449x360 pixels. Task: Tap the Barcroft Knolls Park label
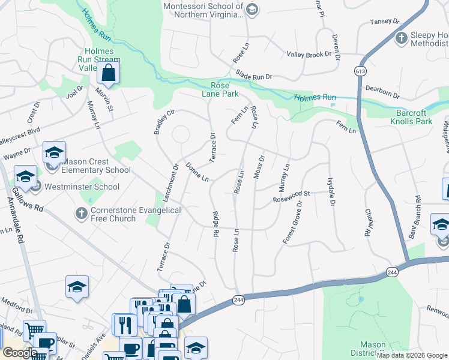(x=423, y=116)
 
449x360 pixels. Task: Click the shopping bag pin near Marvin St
(x=108, y=74)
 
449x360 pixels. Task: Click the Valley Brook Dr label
(x=309, y=54)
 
